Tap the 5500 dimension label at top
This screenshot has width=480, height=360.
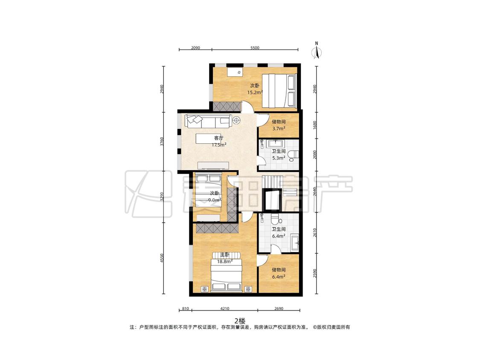pyautogui.click(x=255, y=48)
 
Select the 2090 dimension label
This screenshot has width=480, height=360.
pyautogui.click(x=195, y=48)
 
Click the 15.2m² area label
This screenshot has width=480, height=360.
pyautogui.click(x=255, y=92)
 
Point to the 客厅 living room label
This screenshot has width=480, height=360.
pyautogui.click(x=218, y=138)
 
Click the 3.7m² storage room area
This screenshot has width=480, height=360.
pyautogui.click(x=279, y=128)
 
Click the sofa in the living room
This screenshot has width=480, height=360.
pyautogui.click(x=207, y=121)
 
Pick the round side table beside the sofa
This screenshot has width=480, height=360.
pyautogui.click(x=236, y=120)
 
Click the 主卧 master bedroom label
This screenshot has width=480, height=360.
pyautogui.click(x=225, y=255)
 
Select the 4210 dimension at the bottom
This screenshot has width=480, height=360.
pyautogui.click(x=225, y=308)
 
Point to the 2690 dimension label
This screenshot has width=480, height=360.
pyautogui.click(x=279, y=308)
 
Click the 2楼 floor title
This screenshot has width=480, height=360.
pyautogui.click(x=240, y=321)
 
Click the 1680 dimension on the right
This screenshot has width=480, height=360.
pyautogui.click(x=315, y=125)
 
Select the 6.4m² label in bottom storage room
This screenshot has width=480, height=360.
pyautogui.click(x=279, y=277)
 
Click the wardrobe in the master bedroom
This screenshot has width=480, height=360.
pyautogui.click(x=217, y=228)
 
